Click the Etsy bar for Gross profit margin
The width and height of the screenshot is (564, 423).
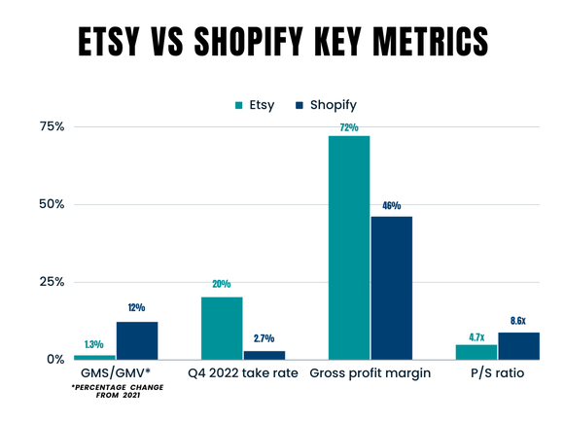pyautogui.click(x=349, y=248)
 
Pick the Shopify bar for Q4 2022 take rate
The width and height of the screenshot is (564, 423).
pyautogui.click(x=264, y=355)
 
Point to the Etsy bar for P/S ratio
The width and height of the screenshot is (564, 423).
pyautogui.click(x=476, y=352)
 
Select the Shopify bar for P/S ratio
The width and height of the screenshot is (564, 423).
pyautogui.click(x=517, y=346)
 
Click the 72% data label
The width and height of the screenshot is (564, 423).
pyautogui.click(x=349, y=127)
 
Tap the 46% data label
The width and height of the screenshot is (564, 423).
pyautogui.click(x=391, y=206)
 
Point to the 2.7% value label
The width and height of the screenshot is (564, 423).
pyautogui.click(x=264, y=339)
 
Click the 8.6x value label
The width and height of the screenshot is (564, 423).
pyautogui.click(x=518, y=320)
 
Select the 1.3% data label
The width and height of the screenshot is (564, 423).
pyautogui.click(x=94, y=343)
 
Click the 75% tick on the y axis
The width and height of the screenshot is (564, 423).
pyautogui.click(x=51, y=126)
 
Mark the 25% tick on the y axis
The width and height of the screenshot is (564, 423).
pyautogui.click(x=51, y=282)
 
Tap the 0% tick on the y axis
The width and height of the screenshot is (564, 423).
pyautogui.click(x=55, y=360)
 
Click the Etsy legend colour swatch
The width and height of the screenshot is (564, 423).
pyautogui.click(x=239, y=104)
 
